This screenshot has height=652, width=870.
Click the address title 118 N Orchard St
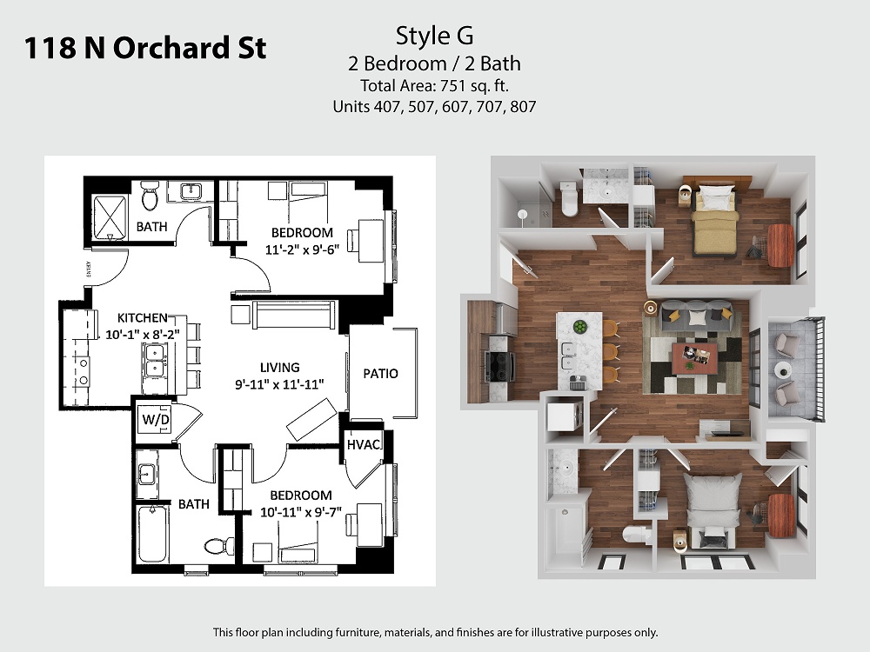point(144,48)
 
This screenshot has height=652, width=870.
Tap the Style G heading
point(434,36)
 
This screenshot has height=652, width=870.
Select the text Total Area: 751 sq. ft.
point(434,86)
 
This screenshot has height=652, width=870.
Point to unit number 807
point(523,106)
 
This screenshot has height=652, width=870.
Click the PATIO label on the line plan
point(381,374)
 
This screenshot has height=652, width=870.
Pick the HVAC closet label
point(364,444)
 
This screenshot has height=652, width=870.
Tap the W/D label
point(156,420)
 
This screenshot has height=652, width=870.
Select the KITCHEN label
point(142,318)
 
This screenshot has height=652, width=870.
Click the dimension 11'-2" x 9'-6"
point(302,249)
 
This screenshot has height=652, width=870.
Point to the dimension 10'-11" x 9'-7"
point(301,512)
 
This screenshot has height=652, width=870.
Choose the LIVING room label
point(279,368)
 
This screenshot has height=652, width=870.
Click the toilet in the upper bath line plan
point(150,196)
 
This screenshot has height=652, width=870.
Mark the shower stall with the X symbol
point(110,217)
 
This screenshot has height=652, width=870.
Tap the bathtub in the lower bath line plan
point(152,535)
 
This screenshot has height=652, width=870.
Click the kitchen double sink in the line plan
point(153,361)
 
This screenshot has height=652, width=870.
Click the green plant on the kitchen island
point(579,326)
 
